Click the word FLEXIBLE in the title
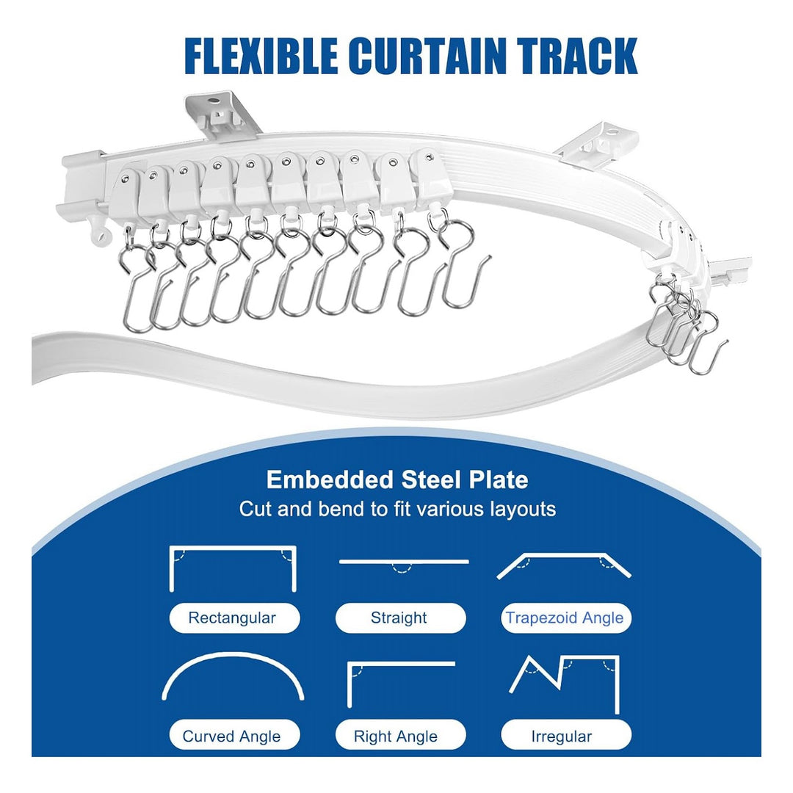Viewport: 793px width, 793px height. [261, 56]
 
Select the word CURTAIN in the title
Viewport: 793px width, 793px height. [427, 56]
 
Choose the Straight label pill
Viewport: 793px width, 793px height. [400, 618]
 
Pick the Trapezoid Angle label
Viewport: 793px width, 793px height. [566, 618]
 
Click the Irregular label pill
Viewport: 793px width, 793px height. [566, 736]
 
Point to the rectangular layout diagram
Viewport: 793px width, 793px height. [232, 548]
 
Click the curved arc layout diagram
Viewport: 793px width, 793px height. [233, 654]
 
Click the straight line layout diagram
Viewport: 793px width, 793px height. [404, 562]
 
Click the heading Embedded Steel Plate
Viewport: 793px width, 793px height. [397, 479]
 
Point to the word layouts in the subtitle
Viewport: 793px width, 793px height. [523, 510]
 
